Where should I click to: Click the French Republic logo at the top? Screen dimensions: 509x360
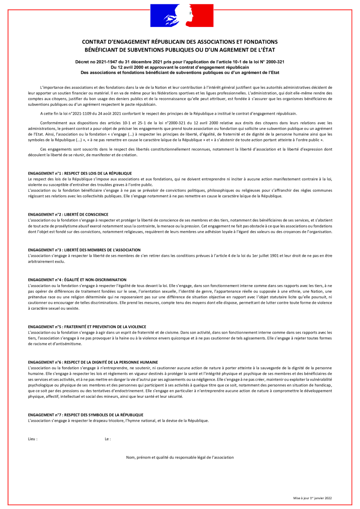coord(180,15)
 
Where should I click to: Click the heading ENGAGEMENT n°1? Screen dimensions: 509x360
coord(80,173)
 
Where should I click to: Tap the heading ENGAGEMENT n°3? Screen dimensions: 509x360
coord(84,250)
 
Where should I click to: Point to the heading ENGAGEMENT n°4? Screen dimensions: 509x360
coord(77,280)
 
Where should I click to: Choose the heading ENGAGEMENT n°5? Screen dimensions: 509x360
coord(87,327)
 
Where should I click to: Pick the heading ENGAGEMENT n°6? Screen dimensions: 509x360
coord(93,362)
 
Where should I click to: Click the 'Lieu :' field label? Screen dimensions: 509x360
coord(33,439)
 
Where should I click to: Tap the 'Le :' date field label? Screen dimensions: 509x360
coord(108,439)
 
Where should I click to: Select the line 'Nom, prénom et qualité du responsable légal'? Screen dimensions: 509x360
coord(180,457)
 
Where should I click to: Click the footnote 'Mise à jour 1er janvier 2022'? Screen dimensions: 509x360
coord(312,498)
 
